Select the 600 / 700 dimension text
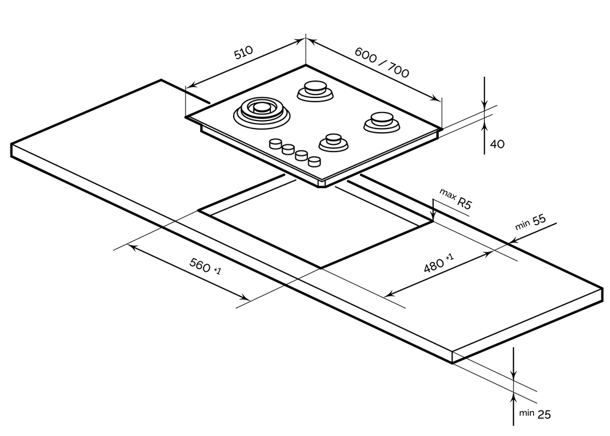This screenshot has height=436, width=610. (382, 62)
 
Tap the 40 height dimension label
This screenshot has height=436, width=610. (498, 144)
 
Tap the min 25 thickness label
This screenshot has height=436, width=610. (535, 414)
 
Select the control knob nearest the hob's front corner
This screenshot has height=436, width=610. (314, 161)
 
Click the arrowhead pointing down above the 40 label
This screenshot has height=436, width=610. (484, 104)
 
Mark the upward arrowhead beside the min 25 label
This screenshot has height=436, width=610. (514, 398)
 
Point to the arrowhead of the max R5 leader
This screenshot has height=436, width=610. (433, 217)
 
